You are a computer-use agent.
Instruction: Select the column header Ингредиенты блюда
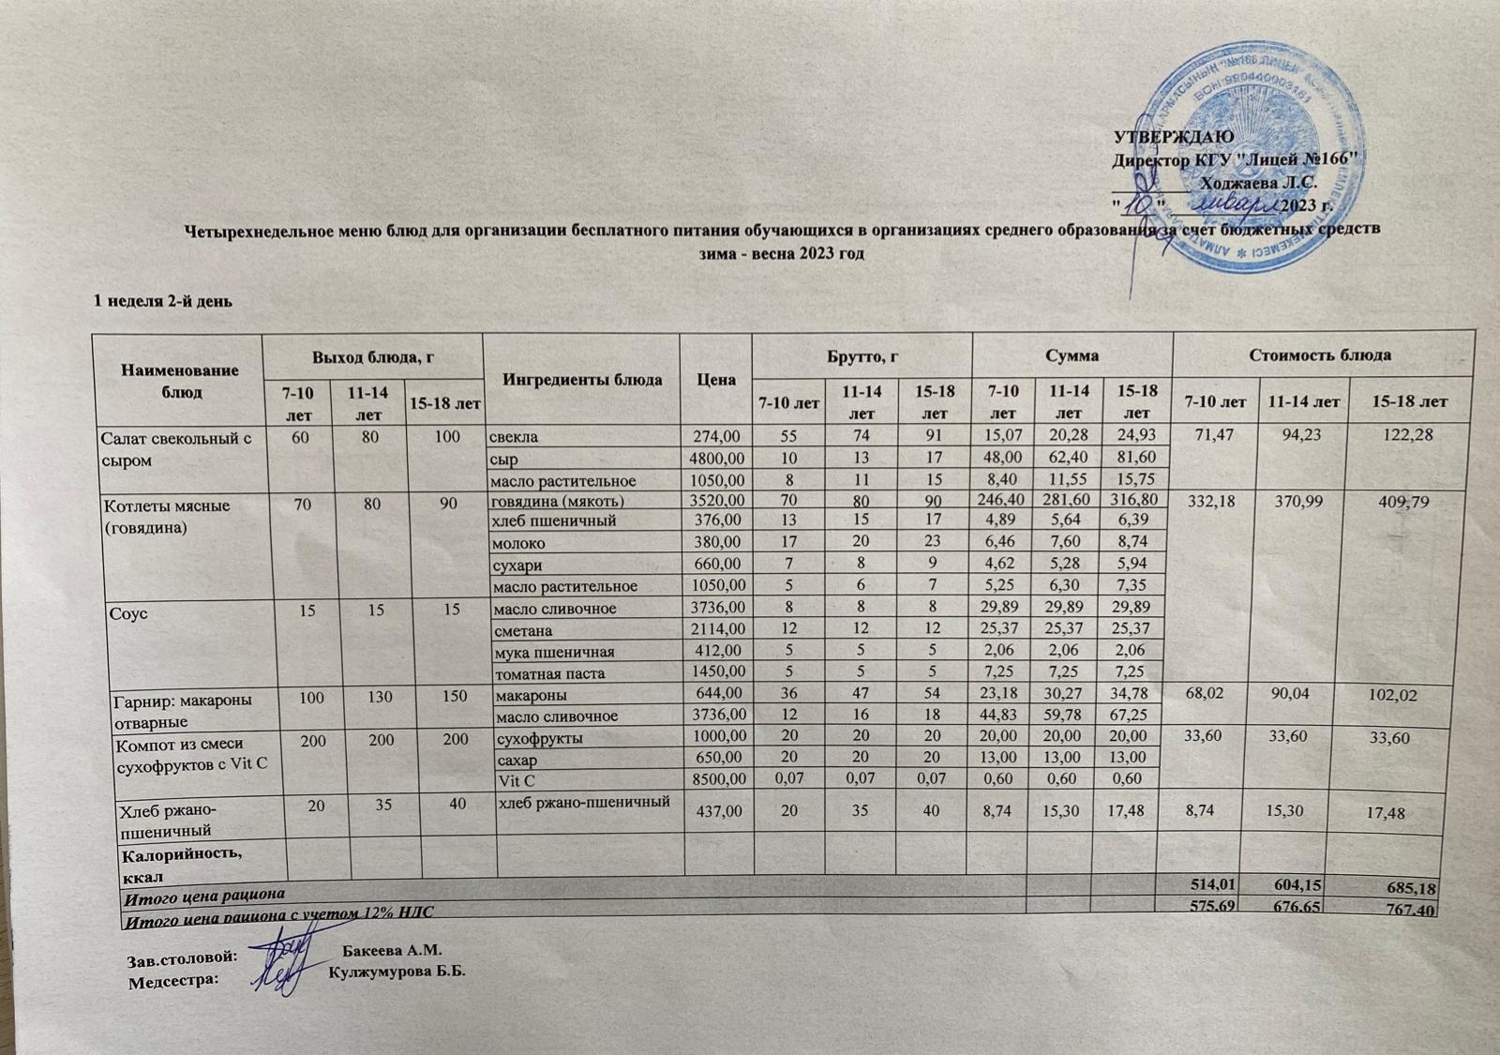(582, 380)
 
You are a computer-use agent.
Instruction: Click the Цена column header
(716, 381)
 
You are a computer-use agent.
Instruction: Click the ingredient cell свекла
(511, 437)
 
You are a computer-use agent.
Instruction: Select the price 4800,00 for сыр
(717, 460)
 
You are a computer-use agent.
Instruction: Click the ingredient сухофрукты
(532, 738)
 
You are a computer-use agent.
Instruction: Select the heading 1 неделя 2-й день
(160, 302)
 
